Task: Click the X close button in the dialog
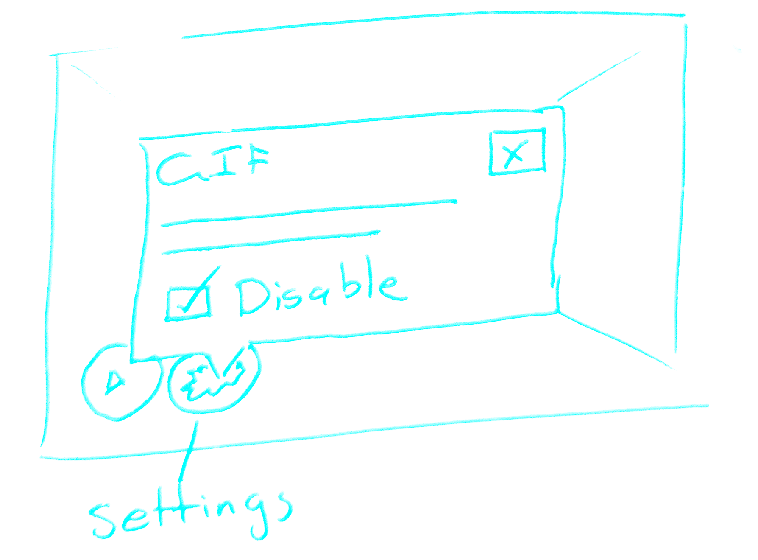pos(516,153)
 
